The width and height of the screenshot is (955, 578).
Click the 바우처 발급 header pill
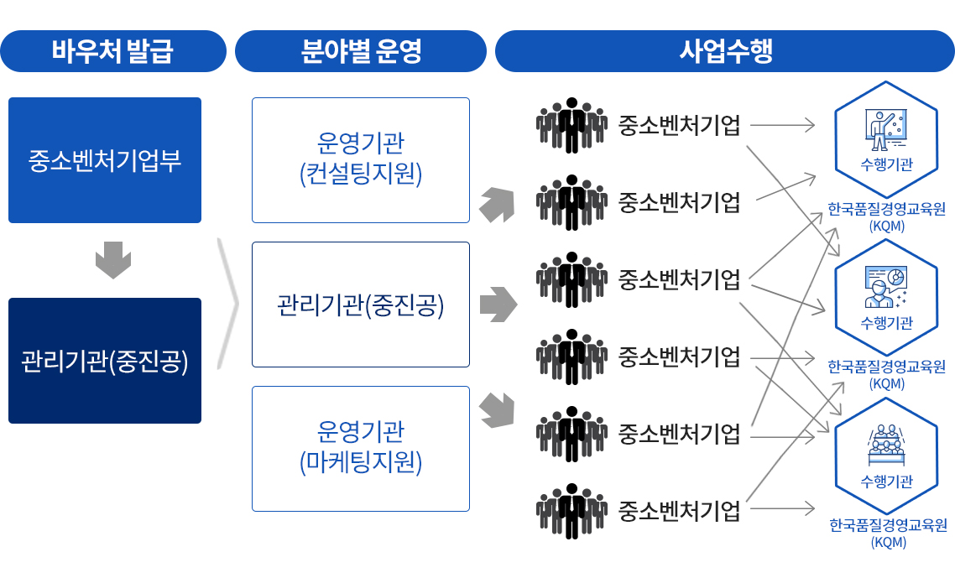(x=113, y=51)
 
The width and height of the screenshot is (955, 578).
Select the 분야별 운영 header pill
(x=361, y=51)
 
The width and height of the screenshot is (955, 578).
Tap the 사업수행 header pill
(x=725, y=51)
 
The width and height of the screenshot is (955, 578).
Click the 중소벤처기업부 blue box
(x=105, y=160)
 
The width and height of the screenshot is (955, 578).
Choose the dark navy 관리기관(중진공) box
(x=105, y=361)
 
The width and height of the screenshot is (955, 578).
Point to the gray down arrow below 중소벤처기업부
(x=113, y=260)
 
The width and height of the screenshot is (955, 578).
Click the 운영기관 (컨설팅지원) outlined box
(x=361, y=160)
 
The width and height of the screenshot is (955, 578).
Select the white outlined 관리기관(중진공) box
(x=361, y=305)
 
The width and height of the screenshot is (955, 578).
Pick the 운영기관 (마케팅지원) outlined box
(x=361, y=449)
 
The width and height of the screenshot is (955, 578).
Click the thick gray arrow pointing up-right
(x=496, y=205)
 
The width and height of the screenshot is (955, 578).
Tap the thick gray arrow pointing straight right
(x=498, y=305)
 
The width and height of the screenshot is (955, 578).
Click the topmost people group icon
(x=571, y=126)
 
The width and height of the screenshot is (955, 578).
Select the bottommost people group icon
(x=571, y=511)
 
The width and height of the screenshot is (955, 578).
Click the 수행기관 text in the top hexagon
(x=886, y=164)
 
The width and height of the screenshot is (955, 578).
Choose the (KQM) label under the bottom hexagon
(x=888, y=542)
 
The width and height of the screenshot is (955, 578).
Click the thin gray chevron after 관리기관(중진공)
(x=227, y=304)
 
